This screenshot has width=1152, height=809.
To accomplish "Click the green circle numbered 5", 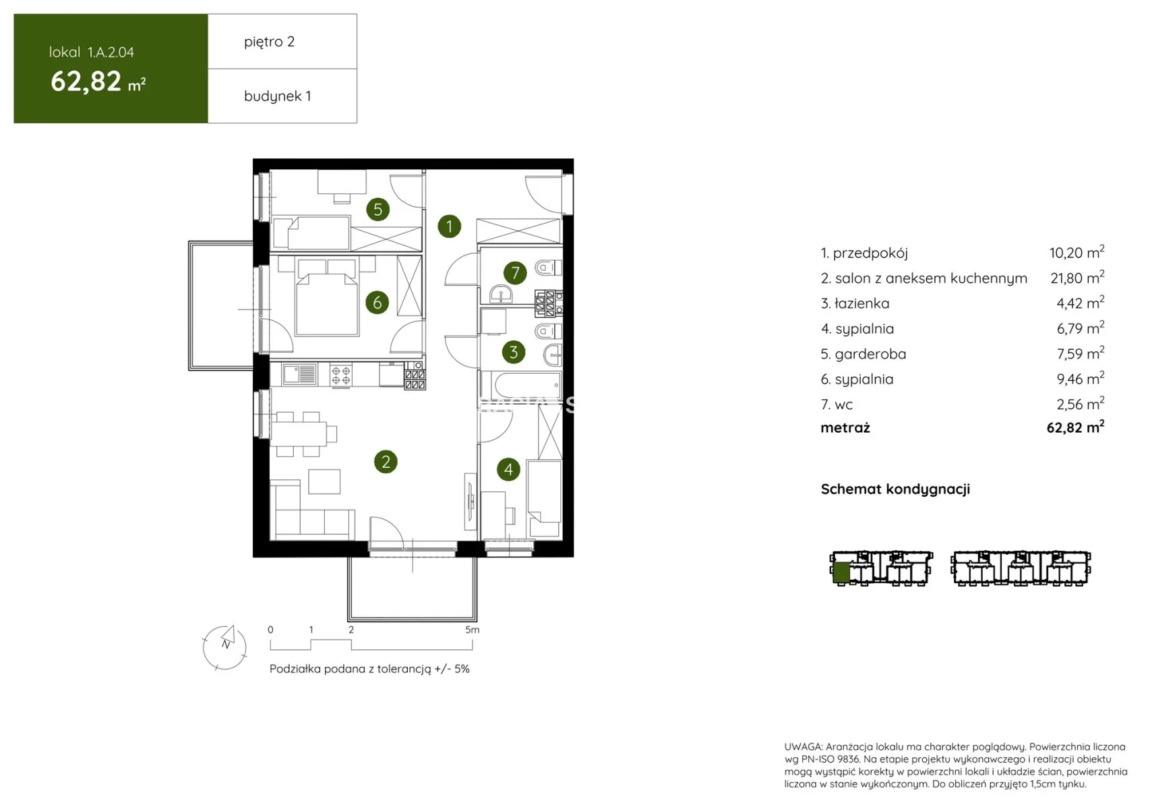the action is [378, 209].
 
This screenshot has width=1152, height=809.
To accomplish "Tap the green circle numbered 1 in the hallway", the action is [450, 227].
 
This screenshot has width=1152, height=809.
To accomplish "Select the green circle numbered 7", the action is [515, 272].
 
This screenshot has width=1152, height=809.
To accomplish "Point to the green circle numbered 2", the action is [386, 462].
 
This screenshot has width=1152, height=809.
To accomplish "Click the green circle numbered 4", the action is [509, 469].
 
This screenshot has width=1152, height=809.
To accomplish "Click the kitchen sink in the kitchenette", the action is [299, 374].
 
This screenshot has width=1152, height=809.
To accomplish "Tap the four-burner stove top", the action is [341, 375].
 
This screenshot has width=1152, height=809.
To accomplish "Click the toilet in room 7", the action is [548, 268].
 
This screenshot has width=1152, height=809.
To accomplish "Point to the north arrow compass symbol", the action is [224, 647].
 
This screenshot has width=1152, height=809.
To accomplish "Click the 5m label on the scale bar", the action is [472, 630].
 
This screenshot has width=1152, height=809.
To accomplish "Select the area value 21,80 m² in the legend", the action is [1077, 278].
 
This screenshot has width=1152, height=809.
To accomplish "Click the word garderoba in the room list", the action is [870, 354].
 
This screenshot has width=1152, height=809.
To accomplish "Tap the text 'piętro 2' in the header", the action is [270, 42].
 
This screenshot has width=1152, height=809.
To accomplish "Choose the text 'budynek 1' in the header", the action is [277, 96].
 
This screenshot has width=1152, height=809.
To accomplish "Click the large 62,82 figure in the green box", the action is [86, 82].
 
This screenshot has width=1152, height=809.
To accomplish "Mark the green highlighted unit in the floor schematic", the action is [841, 572].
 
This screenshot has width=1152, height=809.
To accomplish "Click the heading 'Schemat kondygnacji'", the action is [895, 489].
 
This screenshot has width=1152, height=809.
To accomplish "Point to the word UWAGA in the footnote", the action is [804, 746].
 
